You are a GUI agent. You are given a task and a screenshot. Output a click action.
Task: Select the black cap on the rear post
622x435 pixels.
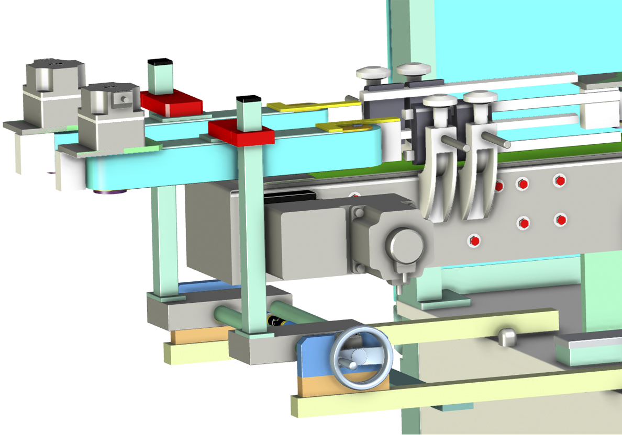click(161, 61)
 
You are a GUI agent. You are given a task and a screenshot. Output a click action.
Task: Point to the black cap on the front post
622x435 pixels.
click(248, 99)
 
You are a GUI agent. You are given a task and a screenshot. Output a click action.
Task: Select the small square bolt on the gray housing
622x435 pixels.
click(123, 98)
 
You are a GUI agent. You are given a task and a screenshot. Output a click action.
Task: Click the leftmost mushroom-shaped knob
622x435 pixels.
click(372, 72)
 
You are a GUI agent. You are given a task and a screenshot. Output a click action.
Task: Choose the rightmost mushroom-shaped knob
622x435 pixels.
click(480, 98)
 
